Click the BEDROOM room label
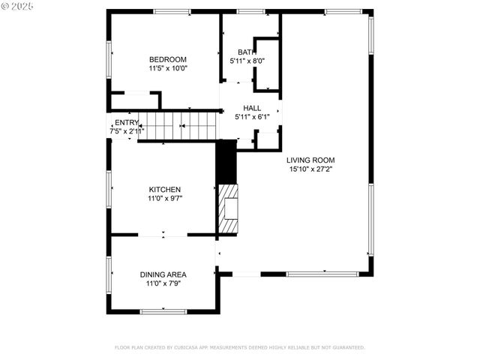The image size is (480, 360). pos(167,59)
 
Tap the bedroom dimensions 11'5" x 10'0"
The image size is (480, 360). pos(167,68)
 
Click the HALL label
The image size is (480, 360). pos(251,108)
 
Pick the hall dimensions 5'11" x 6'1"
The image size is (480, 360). pos(251,117)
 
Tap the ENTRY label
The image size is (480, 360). pos(126,123)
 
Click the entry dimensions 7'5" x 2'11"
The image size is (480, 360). pos(127,131)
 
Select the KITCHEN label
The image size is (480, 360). pos(164,190)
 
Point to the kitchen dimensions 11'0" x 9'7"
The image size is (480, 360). pos(164,199)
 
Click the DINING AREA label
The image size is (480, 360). pos(163,274)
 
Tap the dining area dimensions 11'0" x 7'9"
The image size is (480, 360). pos(163,283)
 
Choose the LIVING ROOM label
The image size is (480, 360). pos(310,160)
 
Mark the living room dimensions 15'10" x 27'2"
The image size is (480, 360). pos(310,169)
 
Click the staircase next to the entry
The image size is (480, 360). pos(179,125)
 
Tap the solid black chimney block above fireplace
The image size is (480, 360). pos(226,162)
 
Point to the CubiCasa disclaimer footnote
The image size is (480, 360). pos(239,347)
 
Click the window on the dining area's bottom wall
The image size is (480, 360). pos(163,310)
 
